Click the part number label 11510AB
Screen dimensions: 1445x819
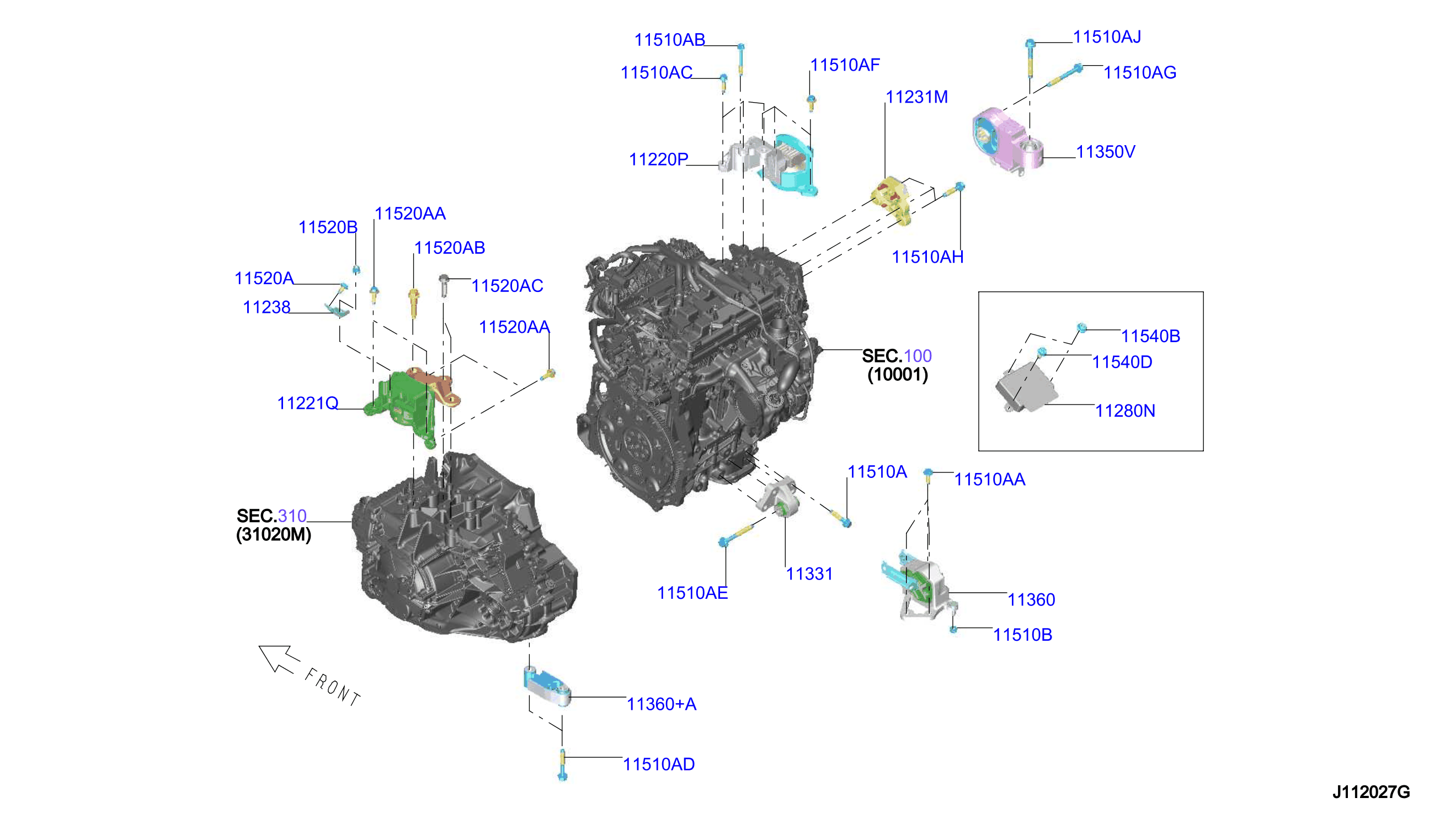tap(669, 40)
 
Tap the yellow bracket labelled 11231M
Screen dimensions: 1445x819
tap(892, 199)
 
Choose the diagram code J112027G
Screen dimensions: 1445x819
tap(1371, 792)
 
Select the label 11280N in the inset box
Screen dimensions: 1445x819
tap(1124, 411)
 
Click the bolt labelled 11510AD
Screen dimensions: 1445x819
tap(562, 765)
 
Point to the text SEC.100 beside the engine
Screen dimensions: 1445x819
tap(897, 356)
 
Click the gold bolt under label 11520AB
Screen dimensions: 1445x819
tap(413, 302)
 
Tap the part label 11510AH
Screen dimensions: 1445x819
tap(927, 257)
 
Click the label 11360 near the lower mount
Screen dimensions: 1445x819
tap(1031, 600)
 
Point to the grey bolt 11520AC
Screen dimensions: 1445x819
tap(443, 285)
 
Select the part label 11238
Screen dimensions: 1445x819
tap(266, 308)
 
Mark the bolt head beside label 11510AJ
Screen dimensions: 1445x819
tap(1030, 43)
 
